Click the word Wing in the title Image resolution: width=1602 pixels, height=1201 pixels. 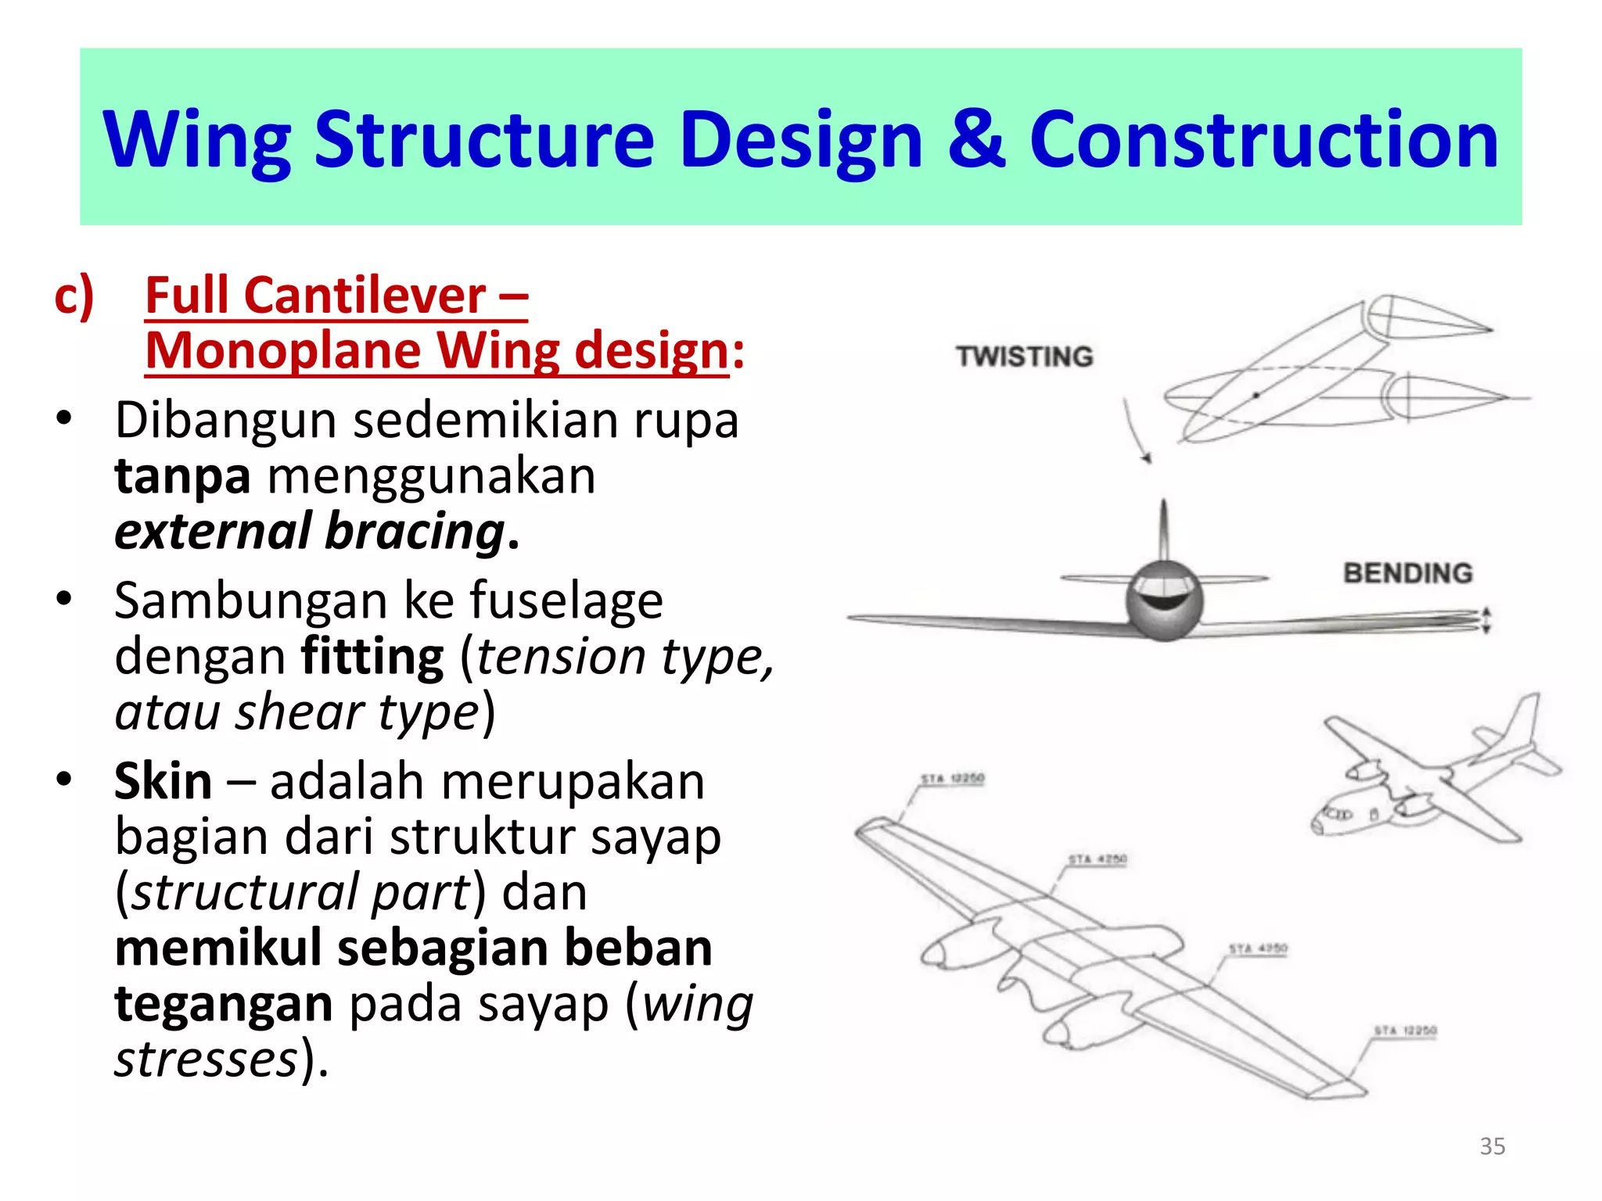tap(197, 141)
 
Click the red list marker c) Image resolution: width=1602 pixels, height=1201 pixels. tap(74, 297)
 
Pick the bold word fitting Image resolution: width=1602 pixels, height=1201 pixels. tap(372, 657)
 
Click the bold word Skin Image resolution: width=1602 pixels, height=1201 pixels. tap(163, 782)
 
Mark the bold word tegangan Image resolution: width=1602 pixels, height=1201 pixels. tap(224, 1004)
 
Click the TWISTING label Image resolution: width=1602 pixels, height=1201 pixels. tap(1024, 357)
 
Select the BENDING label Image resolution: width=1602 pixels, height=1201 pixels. tap(1407, 573)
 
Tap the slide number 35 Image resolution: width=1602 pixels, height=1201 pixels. tap(1492, 1146)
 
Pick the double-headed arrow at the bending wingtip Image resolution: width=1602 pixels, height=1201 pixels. tap(1486, 619)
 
